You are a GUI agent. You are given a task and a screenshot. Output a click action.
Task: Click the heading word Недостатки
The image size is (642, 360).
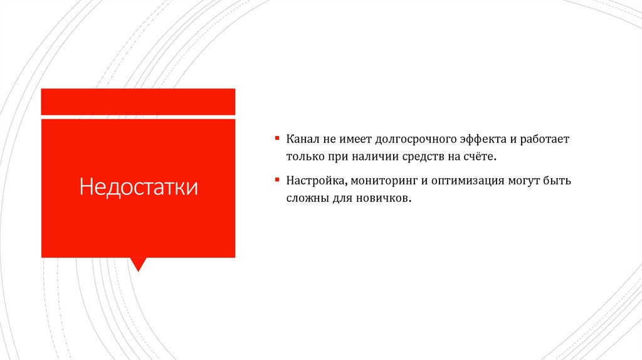(x=138, y=188)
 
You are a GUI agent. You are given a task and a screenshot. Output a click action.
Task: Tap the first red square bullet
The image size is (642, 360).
(x=276, y=137)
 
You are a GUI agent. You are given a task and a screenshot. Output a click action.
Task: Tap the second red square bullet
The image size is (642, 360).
(x=276, y=180)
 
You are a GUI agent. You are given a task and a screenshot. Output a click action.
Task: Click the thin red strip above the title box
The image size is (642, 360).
(x=138, y=102)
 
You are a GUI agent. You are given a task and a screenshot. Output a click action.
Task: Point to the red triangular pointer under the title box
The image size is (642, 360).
(x=138, y=263)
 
